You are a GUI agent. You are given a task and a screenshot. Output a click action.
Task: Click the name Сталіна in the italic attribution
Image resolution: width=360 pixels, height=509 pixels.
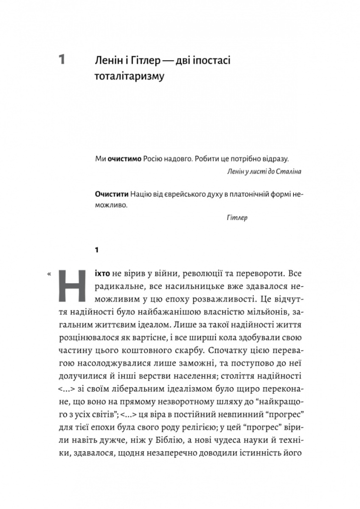point(288,170)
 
